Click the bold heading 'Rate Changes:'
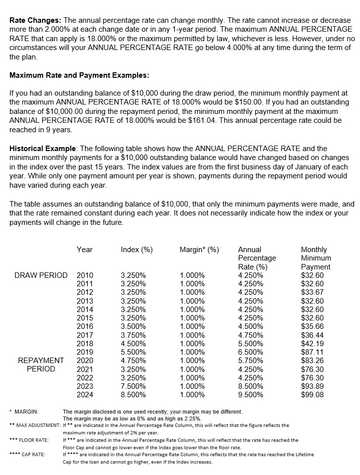point(35,21)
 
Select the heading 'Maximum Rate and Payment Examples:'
point(79,76)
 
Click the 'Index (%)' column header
point(137,250)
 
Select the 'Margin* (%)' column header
point(199,250)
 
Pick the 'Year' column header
point(85,250)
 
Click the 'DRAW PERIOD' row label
point(40,275)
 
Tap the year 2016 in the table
point(85,326)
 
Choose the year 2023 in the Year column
point(85,386)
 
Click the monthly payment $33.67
point(312,292)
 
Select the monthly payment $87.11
point(312,352)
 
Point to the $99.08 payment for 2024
point(312,395)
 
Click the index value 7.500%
point(133,386)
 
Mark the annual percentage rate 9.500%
point(251,395)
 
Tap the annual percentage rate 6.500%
point(251,352)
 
